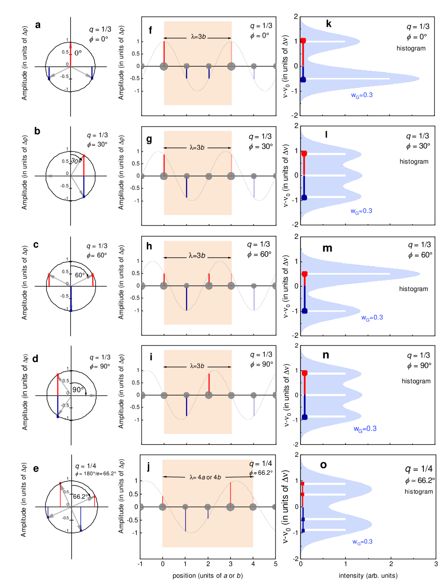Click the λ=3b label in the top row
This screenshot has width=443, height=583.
click(x=198, y=37)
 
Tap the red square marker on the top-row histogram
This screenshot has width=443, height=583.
click(x=303, y=41)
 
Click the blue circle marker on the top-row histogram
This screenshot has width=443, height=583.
click(x=303, y=79)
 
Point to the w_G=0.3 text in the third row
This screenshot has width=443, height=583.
click(x=372, y=317)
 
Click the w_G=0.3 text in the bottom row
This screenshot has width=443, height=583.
click(x=362, y=542)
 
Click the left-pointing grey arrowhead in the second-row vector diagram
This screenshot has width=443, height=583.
click(x=48, y=176)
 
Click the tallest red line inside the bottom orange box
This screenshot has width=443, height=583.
click(x=231, y=492)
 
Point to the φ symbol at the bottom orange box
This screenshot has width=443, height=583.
click(x=251, y=474)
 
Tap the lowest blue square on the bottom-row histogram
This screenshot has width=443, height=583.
click(x=303, y=530)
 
